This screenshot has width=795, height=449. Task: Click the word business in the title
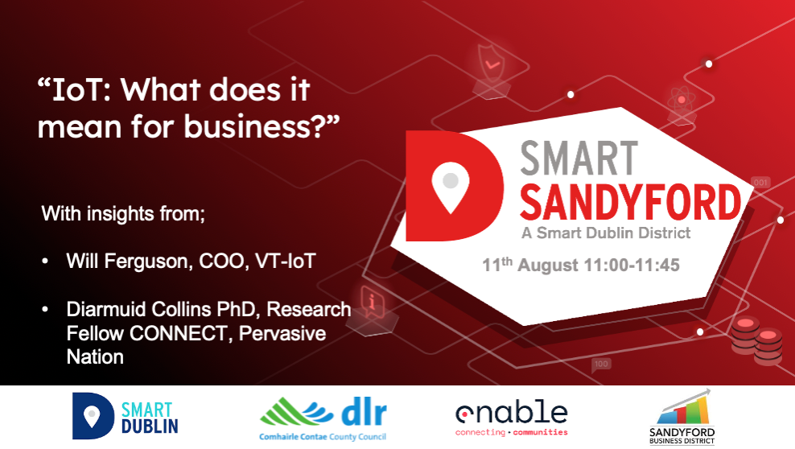[246, 126]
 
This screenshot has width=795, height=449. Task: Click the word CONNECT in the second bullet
[179, 333]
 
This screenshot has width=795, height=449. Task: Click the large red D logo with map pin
[455, 186]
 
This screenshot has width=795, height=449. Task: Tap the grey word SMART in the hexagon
[579, 159]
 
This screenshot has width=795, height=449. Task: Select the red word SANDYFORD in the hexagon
[630, 202]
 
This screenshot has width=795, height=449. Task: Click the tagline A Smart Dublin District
[606, 233]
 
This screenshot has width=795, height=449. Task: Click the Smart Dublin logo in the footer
[126, 416]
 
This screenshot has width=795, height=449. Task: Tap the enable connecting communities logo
[512, 418]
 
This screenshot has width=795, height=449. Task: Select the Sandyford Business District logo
[682, 417]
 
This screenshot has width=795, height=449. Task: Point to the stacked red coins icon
[757, 340]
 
